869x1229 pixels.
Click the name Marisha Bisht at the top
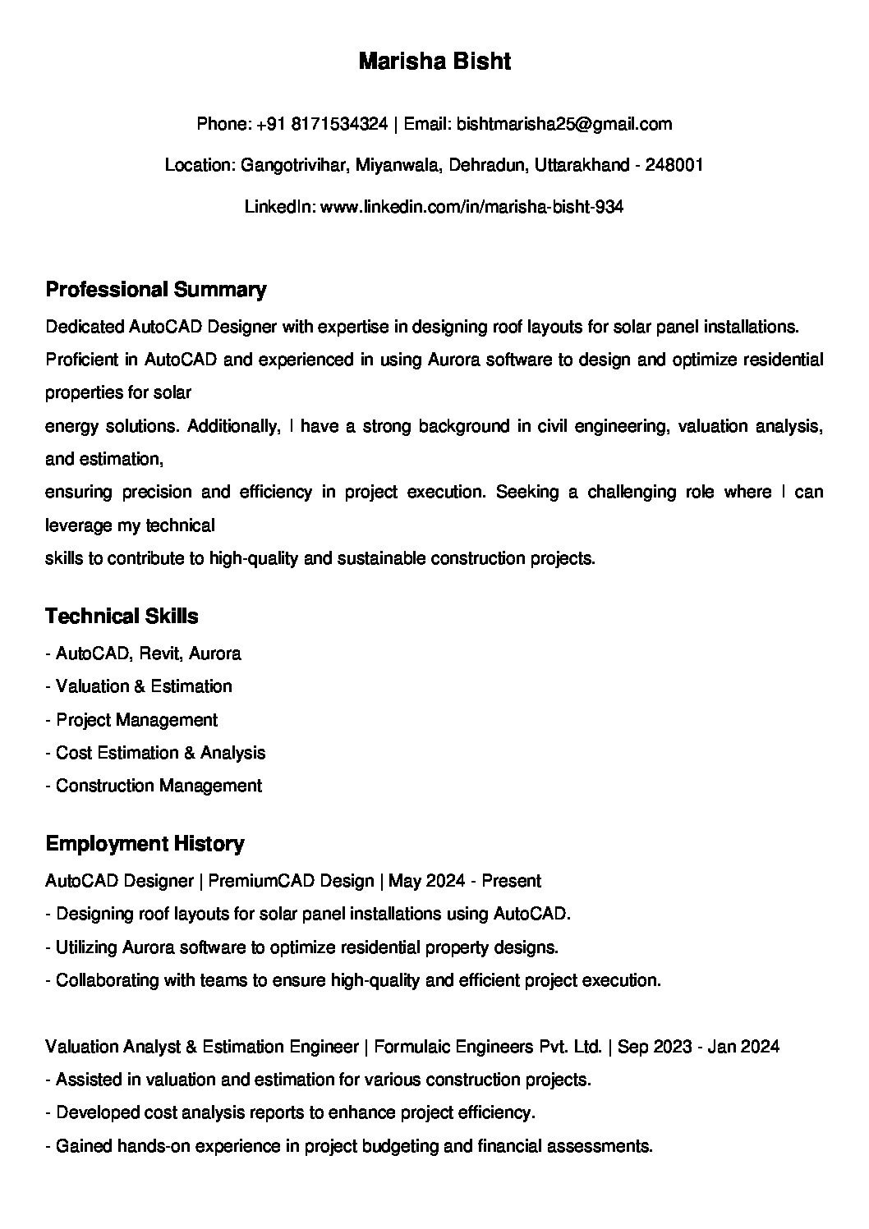tap(434, 62)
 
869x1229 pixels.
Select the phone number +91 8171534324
tap(322, 124)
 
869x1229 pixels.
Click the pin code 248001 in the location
tap(674, 165)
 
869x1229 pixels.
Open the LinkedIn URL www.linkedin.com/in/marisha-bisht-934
tap(471, 207)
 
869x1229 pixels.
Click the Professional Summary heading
tap(156, 290)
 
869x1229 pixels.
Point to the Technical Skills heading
tap(122, 617)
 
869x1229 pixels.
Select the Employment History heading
tap(145, 844)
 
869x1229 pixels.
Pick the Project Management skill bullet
tap(136, 720)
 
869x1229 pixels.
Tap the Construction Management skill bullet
tap(159, 786)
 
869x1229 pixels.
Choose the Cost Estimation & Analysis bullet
tap(160, 753)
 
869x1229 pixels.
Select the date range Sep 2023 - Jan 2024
tap(698, 1047)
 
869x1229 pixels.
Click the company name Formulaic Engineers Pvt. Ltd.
tap(488, 1047)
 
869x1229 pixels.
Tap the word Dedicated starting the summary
tap(85, 327)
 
